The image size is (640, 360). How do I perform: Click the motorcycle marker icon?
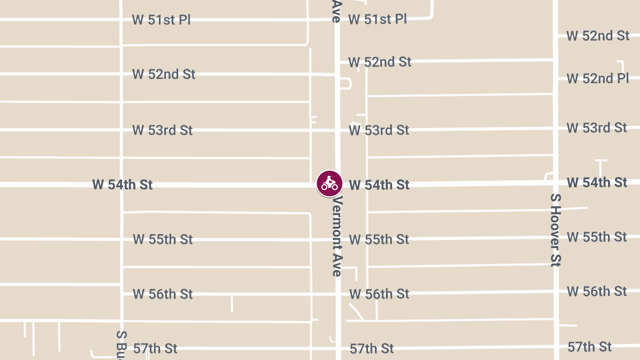pos(330,183)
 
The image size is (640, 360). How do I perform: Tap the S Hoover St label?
pos(556,229)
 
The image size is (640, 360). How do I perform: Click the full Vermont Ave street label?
pos(337,236)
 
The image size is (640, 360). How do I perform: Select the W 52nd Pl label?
pos(598,79)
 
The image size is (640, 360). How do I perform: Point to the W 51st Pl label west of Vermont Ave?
pos(161,20)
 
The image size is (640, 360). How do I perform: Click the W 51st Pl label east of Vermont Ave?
pos(378,20)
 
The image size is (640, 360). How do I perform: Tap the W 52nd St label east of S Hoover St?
pos(598,36)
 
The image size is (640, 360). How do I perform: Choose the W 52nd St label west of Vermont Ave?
pos(164,74)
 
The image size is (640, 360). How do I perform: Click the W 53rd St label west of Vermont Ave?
pos(162,130)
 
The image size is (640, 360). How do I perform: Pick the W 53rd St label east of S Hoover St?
pos(597,128)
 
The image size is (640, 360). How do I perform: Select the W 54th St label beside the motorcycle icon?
pos(379,185)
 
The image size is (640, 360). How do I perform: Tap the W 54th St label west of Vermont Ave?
pos(122,185)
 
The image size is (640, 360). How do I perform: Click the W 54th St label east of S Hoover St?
pos(597,182)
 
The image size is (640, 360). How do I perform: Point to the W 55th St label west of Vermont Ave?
pos(163,239)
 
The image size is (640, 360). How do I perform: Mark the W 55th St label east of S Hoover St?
pos(597,237)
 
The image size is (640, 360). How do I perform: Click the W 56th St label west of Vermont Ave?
pos(163,294)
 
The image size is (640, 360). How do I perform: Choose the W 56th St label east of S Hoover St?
pos(597,291)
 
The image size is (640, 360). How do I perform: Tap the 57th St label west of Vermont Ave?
pos(155,349)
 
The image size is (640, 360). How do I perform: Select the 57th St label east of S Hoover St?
pos(589,347)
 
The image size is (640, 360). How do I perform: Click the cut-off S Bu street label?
pos(122,345)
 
